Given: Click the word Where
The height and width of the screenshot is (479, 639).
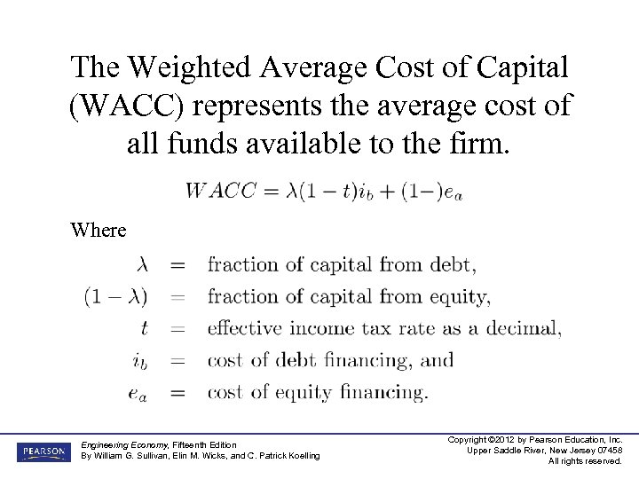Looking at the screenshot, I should point(99,230).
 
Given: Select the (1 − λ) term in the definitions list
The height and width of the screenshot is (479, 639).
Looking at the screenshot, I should point(116,296).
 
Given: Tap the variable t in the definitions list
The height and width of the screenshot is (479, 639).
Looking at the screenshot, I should point(145,328).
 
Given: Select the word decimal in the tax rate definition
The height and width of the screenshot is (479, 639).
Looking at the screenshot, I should point(524,328).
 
